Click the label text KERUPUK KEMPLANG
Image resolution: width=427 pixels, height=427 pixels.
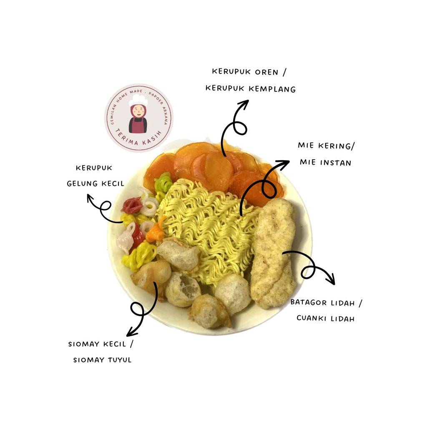pos(250,89)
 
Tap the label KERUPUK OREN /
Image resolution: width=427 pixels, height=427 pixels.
pos(249,72)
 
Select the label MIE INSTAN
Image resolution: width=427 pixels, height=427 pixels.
pos(325,163)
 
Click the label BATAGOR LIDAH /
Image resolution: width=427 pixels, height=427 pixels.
pos(327,302)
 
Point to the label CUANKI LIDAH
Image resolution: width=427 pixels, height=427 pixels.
pos(326,319)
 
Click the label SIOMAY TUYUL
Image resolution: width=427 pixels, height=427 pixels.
pos(103,359)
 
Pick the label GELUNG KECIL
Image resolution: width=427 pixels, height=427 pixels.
pos(95,183)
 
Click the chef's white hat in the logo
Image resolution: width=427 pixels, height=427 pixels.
pos(138,100)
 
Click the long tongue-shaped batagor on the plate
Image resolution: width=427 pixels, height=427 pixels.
pos(274,252)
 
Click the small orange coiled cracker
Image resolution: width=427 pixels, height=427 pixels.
pos(157,231)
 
